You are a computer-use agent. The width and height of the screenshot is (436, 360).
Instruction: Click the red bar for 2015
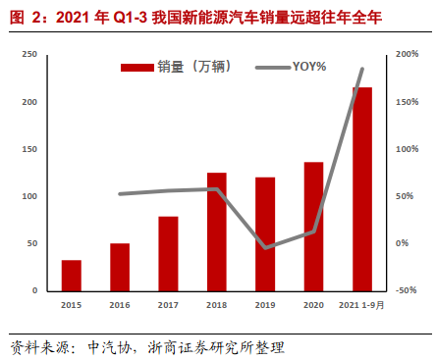72,276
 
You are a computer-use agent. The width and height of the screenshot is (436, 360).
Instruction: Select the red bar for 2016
120,267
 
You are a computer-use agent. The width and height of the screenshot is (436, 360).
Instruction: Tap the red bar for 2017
168,253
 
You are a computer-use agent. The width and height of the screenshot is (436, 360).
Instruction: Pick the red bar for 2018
217,231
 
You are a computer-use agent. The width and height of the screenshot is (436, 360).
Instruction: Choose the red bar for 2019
265,233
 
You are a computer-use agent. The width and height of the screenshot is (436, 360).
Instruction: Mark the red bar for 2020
313,227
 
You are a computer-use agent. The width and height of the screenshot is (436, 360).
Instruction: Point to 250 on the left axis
30,55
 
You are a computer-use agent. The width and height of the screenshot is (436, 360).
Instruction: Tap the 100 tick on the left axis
30,196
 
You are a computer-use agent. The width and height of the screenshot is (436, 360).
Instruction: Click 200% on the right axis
408,55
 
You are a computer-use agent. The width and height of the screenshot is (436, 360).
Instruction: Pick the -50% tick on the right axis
408,290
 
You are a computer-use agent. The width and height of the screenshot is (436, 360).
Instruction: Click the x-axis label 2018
216,307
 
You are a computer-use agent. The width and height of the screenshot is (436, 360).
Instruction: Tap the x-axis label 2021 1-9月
361,307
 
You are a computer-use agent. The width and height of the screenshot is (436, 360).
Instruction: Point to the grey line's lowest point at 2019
265,248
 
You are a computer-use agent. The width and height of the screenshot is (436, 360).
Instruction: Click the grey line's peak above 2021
362,69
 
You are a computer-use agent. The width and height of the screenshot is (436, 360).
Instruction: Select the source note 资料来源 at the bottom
147,346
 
